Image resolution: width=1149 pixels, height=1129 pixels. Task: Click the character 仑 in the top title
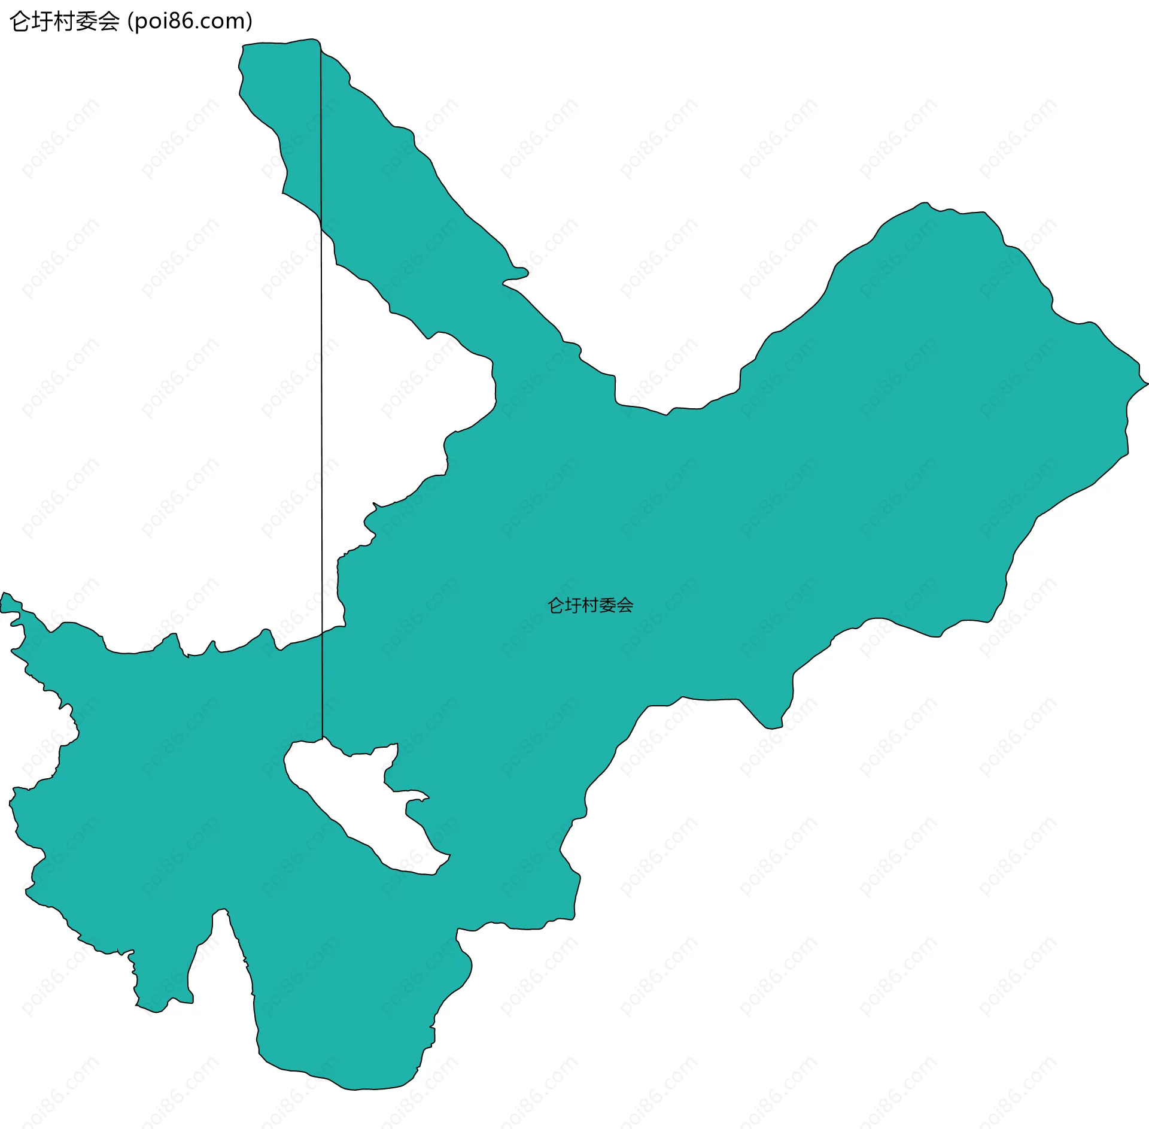[20, 22]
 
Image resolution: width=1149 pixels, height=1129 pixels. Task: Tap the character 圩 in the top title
[42, 22]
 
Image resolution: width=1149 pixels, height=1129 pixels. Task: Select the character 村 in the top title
[64, 22]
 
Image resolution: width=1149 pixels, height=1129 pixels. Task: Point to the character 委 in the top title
[86, 22]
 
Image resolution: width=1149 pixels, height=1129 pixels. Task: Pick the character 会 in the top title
[108, 22]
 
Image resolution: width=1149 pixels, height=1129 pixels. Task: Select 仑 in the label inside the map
[556, 605]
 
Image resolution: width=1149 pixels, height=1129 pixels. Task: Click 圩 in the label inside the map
[573, 605]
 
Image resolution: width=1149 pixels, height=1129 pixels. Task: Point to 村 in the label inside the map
[590, 605]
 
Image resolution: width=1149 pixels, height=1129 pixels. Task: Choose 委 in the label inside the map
[607, 605]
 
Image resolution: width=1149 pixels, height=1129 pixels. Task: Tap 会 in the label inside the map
[625, 605]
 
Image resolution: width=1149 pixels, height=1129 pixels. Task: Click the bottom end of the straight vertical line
[323, 738]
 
